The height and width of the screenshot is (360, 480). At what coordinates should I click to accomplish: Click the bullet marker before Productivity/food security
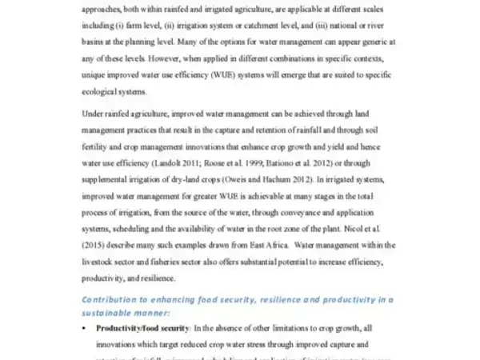click(x=86, y=328)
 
